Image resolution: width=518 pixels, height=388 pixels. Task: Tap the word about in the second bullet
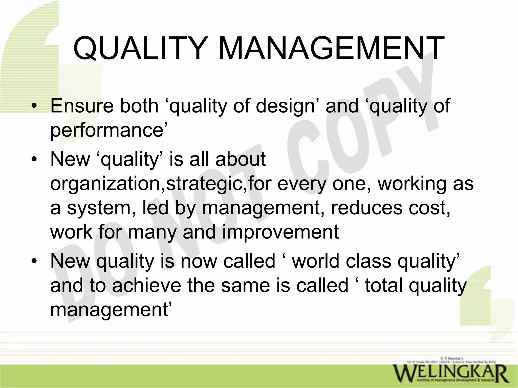pos(241,159)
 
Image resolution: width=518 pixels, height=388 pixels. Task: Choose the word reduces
pos(367,208)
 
